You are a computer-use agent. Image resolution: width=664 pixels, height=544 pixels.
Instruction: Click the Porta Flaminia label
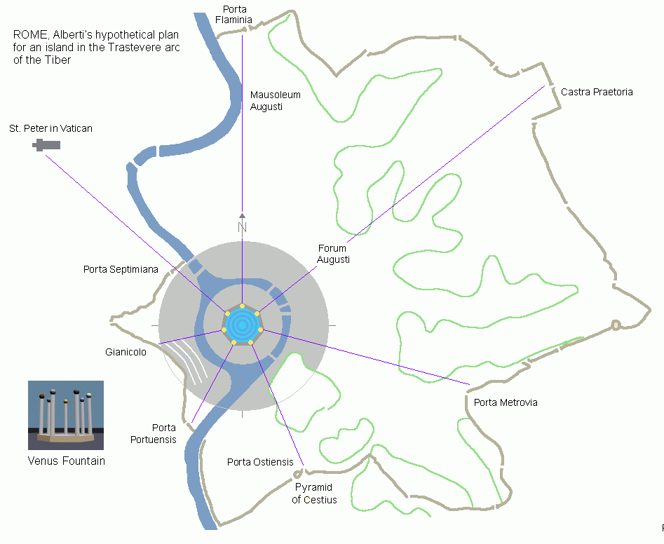click(x=233, y=15)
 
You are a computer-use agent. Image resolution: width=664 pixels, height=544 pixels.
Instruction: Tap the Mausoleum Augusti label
click(x=276, y=101)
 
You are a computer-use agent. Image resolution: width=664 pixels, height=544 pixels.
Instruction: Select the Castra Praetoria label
click(x=597, y=92)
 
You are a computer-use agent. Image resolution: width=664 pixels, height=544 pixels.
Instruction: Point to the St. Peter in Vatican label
click(x=50, y=128)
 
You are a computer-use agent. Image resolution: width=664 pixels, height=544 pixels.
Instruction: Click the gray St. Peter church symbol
click(x=46, y=145)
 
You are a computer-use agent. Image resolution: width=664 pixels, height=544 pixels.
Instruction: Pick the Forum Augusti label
click(x=333, y=254)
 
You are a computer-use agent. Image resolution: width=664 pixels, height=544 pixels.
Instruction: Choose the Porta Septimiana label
click(x=121, y=269)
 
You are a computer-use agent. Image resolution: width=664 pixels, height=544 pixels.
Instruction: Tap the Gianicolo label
click(x=126, y=352)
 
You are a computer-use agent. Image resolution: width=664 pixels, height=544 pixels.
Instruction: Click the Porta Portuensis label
click(x=154, y=433)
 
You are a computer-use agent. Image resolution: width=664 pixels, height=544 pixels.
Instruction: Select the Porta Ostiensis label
click(x=260, y=462)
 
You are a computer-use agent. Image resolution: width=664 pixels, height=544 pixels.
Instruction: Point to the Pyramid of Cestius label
click(x=314, y=494)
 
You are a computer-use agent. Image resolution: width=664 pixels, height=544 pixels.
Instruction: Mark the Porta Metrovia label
click(x=506, y=402)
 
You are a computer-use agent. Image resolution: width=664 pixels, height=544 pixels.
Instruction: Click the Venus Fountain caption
click(x=67, y=461)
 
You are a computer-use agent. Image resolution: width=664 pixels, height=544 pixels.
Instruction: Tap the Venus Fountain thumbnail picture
click(x=66, y=415)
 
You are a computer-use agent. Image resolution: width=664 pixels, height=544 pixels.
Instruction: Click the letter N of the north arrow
click(x=242, y=227)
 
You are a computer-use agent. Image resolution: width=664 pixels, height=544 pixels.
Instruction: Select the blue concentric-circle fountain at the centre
click(x=242, y=325)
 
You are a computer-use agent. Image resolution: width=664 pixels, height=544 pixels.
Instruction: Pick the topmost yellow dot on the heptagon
click(x=242, y=306)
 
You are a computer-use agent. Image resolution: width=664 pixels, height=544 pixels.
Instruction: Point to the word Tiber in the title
click(x=58, y=60)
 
